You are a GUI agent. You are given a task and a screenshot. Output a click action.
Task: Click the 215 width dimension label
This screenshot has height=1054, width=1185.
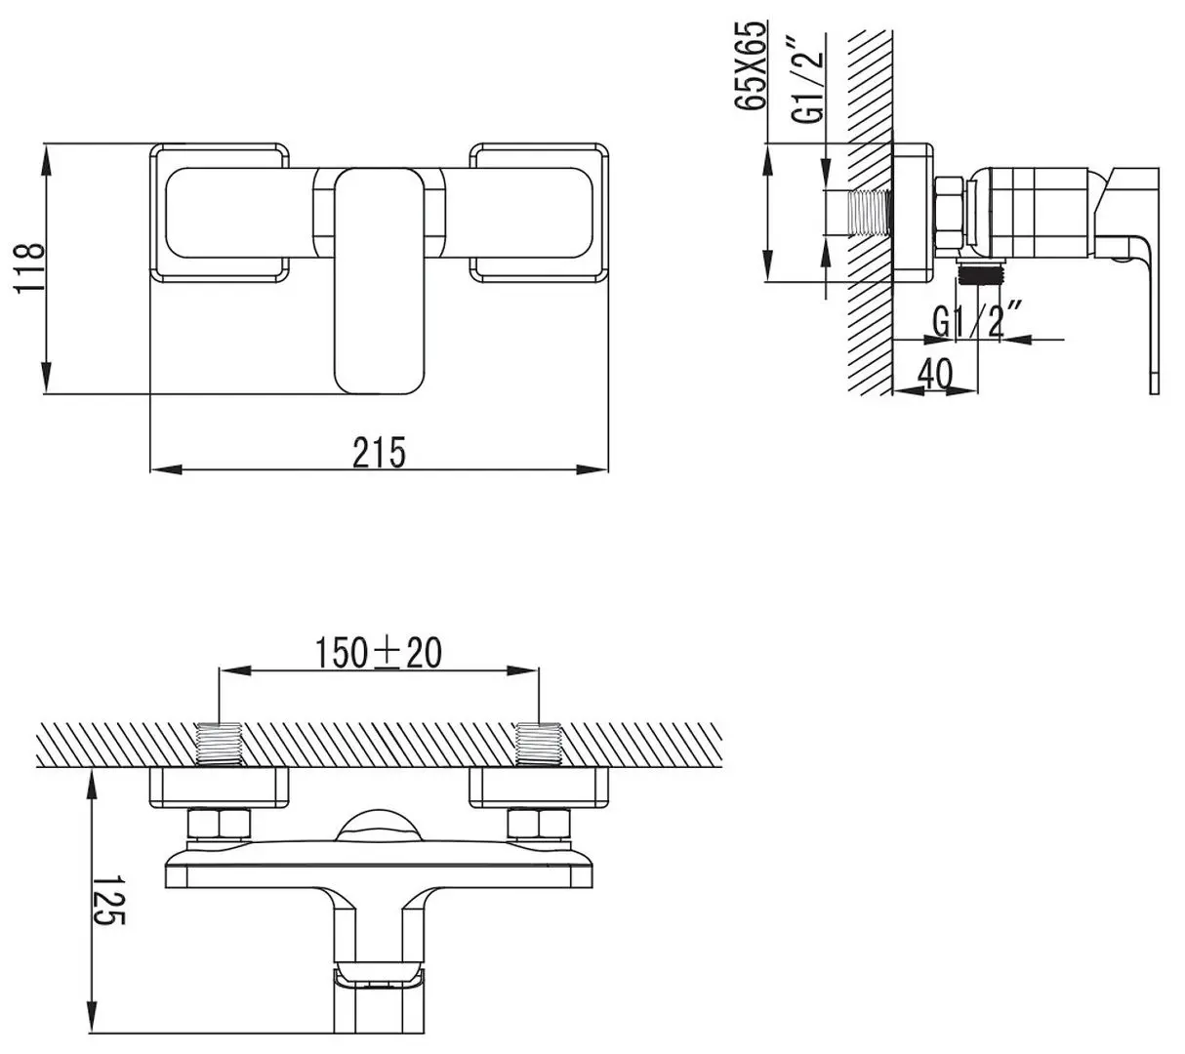pos(379,452)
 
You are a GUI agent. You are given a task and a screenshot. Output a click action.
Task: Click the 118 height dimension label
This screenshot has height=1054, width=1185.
pos(28,268)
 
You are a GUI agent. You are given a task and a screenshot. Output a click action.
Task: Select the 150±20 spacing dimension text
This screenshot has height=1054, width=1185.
pos(379,652)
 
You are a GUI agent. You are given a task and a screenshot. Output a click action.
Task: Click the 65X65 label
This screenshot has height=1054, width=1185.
pos(750,65)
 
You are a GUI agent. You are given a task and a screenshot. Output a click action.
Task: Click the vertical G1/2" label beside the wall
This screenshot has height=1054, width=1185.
pos(808,80)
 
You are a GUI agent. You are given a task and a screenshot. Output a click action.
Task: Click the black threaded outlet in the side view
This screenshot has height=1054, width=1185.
pos(980,273)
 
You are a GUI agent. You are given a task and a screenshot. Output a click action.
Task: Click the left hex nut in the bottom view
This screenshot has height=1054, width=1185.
pos(219,825)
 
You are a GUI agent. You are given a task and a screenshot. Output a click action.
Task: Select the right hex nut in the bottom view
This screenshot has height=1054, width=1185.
pos(538,825)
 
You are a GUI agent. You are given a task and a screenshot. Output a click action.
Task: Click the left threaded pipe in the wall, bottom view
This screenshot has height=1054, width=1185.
pos(219,744)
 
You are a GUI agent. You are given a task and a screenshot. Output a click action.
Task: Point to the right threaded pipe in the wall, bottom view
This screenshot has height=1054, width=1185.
pos(538,744)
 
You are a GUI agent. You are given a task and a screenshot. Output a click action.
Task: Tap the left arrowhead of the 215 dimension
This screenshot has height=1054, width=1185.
pos(166,469)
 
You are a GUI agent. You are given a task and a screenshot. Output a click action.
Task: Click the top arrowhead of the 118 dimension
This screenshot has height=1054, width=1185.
pos(46,158)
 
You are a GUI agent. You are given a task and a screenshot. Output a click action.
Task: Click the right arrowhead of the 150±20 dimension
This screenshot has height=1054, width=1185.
pos(522,671)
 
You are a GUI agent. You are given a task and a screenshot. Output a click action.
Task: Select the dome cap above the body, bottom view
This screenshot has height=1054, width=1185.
pos(380,826)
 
